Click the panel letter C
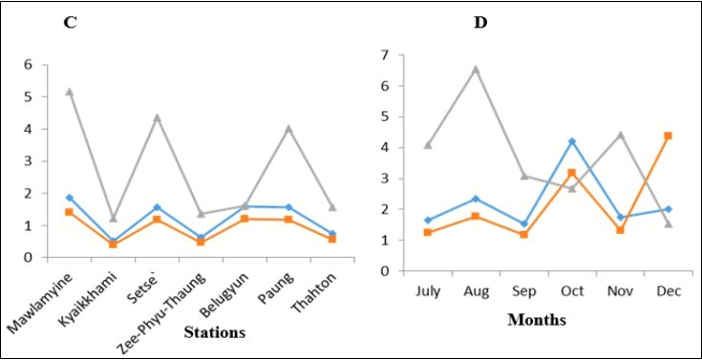pyautogui.click(x=70, y=22)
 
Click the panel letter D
pyautogui.click(x=480, y=22)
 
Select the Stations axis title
pyautogui.click(x=215, y=332)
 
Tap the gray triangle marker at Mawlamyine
pyautogui.click(x=69, y=92)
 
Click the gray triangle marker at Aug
pyautogui.click(x=475, y=69)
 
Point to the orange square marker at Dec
pyautogui.click(x=669, y=136)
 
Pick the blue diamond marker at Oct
pyautogui.click(x=572, y=141)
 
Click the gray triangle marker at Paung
pyautogui.click(x=287, y=128)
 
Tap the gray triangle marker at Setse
pyautogui.click(x=157, y=117)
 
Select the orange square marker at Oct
pyautogui.click(x=572, y=173)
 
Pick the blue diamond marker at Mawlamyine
pyautogui.click(x=69, y=198)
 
